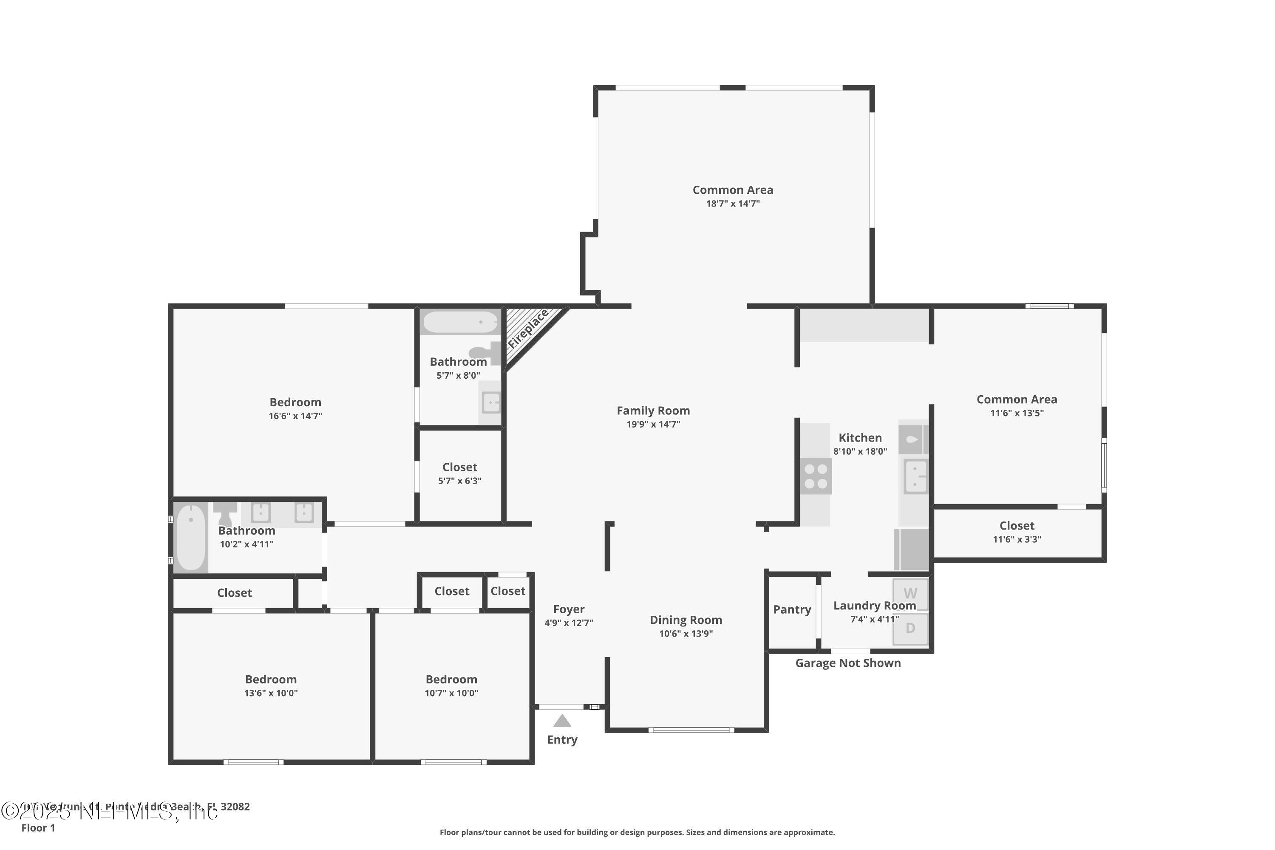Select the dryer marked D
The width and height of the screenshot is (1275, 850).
pos(910,628)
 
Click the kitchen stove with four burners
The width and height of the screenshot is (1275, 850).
pos(816,476)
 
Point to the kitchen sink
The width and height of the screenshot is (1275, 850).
pos(915,476)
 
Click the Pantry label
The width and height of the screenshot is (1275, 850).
pos(792,609)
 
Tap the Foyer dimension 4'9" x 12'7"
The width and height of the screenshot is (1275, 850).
pos(569,623)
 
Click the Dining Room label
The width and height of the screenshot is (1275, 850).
pos(686,620)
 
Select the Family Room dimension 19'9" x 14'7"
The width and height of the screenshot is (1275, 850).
pos(653,425)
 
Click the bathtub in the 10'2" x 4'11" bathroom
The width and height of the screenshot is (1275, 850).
pos(191,537)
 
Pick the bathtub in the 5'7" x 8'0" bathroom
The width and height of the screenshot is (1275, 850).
pos(460,323)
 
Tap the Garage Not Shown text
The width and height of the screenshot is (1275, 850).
pos(848,663)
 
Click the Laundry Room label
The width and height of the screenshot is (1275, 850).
pos(874,606)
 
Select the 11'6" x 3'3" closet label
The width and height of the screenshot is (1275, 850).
pos(1017,525)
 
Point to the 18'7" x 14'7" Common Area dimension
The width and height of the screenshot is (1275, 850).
pos(732,204)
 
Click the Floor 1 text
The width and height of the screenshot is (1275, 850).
pos(38,828)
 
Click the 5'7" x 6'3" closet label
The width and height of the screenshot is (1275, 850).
pos(460,467)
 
